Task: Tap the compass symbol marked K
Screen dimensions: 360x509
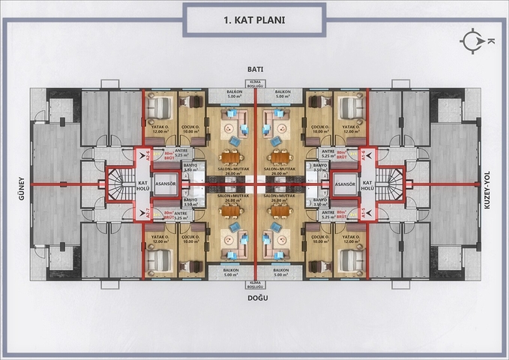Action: point(473,42)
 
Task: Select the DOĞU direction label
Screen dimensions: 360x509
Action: point(255,297)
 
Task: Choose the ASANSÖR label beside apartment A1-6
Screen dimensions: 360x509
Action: point(343,183)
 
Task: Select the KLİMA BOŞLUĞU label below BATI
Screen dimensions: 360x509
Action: point(255,84)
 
